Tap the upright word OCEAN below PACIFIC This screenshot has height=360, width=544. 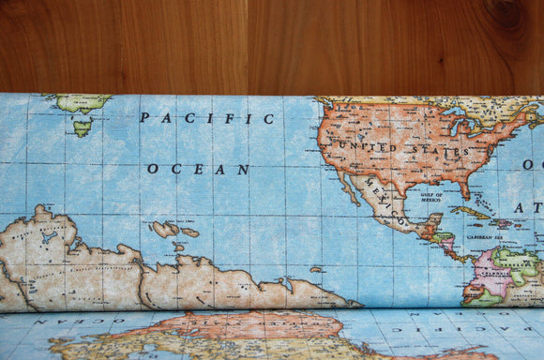click(x=198, y=170)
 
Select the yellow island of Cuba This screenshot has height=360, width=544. click(x=469, y=212)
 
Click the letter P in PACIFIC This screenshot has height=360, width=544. click(x=144, y=118)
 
